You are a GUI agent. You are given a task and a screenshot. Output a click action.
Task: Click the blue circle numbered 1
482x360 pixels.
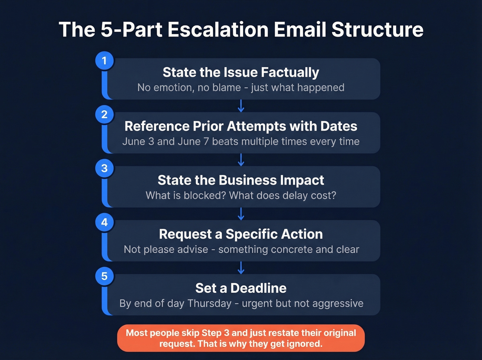104,61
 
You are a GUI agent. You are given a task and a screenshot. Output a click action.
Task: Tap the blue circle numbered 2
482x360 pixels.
104,114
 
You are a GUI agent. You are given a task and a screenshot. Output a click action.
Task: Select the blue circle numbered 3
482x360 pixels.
104,168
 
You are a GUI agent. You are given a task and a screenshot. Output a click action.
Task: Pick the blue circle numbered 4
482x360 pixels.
104,223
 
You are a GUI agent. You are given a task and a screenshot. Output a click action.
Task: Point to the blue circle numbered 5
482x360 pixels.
104,276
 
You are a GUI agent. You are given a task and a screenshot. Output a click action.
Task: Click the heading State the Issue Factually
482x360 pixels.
241,72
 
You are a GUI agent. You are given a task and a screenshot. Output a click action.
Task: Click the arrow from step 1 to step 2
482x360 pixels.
241,106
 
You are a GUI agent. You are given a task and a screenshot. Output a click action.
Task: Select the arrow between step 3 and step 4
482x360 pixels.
241,214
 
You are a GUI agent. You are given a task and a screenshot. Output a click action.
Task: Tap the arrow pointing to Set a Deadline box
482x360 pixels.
241,268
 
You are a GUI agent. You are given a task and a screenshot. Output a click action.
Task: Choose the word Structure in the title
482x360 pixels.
377,30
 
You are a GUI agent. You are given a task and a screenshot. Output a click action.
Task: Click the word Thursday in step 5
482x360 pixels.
209,303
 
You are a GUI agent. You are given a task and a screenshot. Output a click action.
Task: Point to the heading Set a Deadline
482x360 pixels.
241,288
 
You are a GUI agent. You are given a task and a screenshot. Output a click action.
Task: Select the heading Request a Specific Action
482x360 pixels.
241,234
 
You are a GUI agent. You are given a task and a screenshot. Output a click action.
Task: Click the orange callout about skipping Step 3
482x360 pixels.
241,338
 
